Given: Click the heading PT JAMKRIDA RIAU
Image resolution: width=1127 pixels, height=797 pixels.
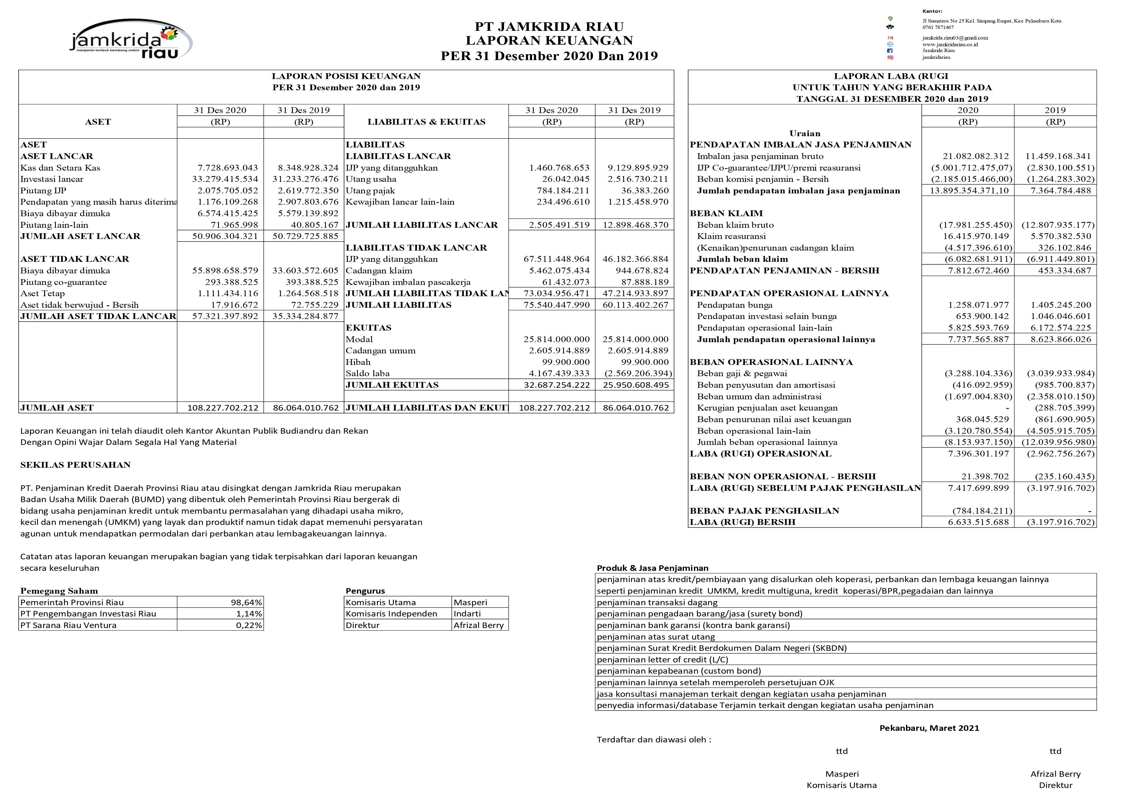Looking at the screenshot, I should point(549,26).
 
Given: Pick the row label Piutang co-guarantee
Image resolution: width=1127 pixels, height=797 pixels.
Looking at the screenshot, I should point(63,282).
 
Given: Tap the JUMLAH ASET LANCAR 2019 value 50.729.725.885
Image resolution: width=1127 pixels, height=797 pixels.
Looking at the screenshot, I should point(305,236).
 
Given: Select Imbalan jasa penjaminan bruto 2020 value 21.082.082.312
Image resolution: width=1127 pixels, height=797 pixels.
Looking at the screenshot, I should point(975,156).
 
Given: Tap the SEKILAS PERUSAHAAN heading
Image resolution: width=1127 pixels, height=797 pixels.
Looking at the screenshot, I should point(75,465).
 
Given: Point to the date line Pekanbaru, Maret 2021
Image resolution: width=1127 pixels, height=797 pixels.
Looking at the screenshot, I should point(929,728).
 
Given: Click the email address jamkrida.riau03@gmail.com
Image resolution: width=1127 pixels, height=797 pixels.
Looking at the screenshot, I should point(955,38).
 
